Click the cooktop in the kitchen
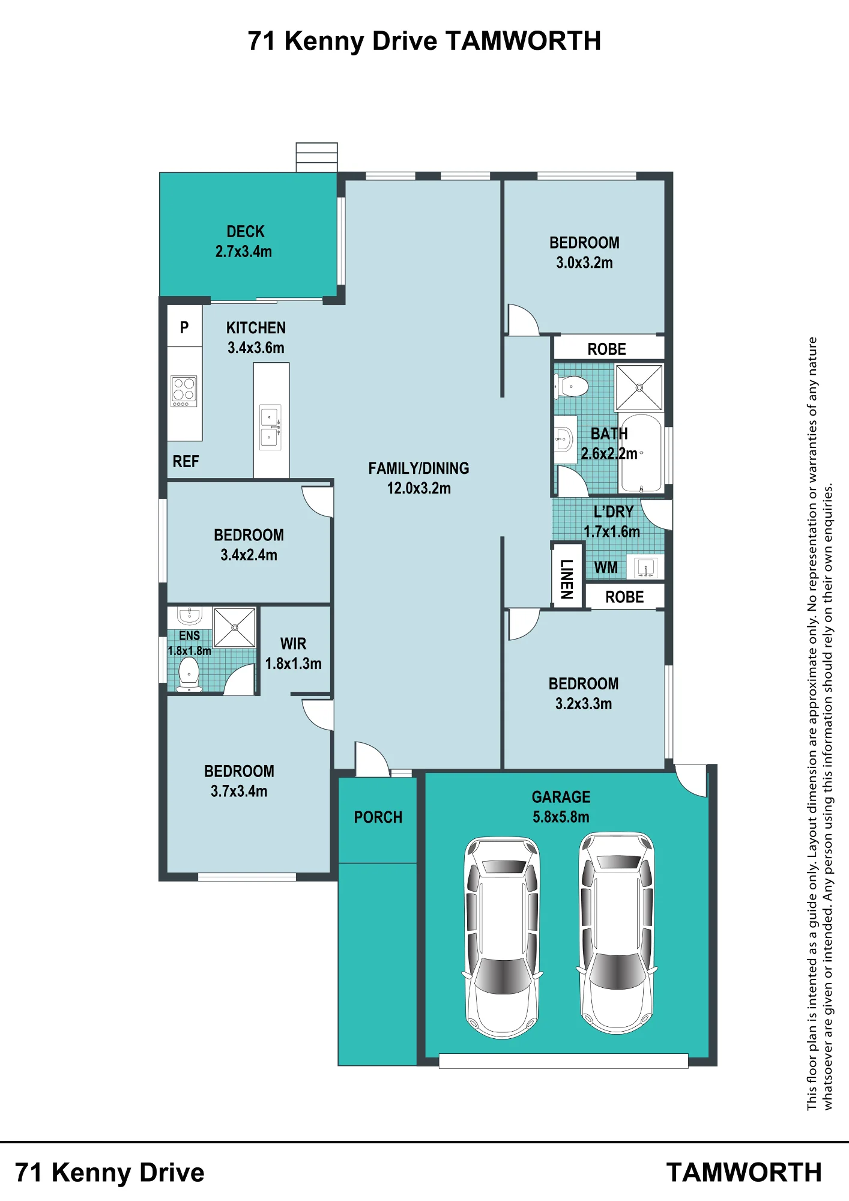click(x=184, y=391)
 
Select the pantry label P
click(x=184, y=327)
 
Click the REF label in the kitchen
click(x=186, y=461)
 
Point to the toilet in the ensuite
click(x=189, y=673)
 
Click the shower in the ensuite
click(x=235, y=628)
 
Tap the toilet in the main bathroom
click(x=571, y=386)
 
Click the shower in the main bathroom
click(x=639, y=387)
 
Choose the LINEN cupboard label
click(x=566, y=579)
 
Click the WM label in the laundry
click(x=606, y=567)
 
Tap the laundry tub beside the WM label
click(x=645, y=567)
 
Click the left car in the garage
click(x=503, y=937)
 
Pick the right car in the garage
click(x=617, y=933)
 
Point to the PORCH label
click(x=378, y=817)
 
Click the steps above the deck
click(x=316, y=157)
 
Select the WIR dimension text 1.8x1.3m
click(x=294, y=664)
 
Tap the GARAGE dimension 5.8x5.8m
click(x=561, y=817)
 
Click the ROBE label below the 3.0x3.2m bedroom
click(x=606, y=349)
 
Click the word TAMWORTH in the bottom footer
click(x=744, y=1173)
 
